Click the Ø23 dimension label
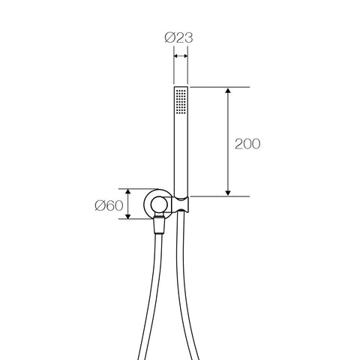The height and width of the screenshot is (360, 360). coord(178,38)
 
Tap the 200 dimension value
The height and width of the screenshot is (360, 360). coord(247,144)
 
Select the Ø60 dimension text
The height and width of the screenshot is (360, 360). coord(109,205)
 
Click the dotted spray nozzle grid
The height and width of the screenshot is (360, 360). coord(181,101)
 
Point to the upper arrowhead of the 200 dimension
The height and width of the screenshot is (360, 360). coord(227,91)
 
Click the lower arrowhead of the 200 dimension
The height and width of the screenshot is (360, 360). coord(227,193)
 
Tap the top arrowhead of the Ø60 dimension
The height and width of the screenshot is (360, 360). coord(128,192)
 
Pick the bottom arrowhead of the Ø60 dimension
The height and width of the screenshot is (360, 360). coord(128,216)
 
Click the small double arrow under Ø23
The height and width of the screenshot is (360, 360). coord(181,56)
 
